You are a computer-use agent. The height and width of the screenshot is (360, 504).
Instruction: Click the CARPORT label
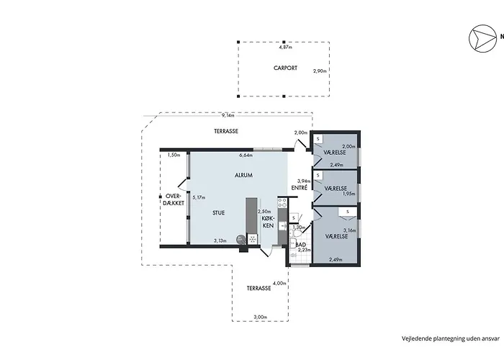(285, 68)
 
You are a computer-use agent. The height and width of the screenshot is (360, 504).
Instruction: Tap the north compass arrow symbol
(482, 38)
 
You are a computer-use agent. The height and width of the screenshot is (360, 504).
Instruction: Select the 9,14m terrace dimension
(228, 115)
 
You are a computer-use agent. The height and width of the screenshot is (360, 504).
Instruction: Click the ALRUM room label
(243, 175)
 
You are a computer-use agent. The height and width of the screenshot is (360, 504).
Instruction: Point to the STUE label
(219, 213)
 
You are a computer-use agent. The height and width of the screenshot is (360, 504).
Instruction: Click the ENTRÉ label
(300, 188)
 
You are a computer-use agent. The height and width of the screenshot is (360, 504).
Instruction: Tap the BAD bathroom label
(301, 245)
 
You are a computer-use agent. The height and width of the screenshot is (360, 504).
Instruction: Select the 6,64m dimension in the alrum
(246, 156)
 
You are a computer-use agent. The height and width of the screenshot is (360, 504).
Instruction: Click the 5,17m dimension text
(199, 197)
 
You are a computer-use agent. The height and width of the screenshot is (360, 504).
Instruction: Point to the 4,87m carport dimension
(285, 48)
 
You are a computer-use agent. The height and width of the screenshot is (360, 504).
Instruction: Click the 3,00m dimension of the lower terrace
(261, 317)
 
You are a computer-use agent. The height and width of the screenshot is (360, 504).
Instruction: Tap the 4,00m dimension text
(279, 283)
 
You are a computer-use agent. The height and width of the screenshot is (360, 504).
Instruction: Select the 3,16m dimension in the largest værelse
(350, 230)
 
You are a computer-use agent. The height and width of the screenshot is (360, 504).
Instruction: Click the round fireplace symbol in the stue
(240, 239)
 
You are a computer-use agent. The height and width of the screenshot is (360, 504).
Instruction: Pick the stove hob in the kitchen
(282, 202)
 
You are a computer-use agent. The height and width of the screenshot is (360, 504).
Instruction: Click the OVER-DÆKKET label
(175, 199)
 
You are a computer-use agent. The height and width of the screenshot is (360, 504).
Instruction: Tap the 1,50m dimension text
(174, 155)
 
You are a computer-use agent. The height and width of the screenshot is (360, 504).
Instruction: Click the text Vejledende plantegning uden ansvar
(451, 338)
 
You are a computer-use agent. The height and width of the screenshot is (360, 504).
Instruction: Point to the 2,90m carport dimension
(320, 71)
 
